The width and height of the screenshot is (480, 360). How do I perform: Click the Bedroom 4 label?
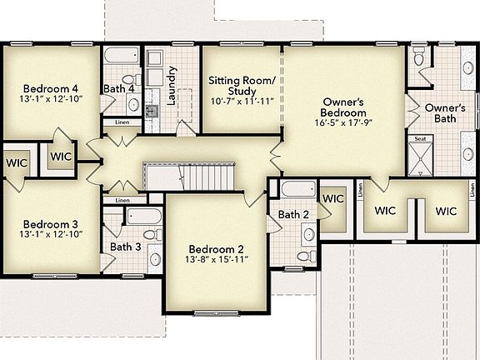[51, 88]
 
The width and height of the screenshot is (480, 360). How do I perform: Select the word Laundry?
[172, 84]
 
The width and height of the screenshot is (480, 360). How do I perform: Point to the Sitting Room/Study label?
[241, 86]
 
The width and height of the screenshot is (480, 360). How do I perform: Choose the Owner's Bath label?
[445, 114]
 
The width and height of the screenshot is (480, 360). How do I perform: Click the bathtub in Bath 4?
[123, 59]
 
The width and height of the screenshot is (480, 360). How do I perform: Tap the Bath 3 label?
[125, 247]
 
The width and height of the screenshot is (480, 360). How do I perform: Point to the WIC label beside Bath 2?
[333, 199]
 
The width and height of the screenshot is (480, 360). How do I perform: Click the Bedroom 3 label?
[51, 224]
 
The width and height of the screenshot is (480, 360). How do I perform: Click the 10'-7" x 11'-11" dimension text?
[241, 102]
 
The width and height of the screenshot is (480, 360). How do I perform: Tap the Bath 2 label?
[293, 215]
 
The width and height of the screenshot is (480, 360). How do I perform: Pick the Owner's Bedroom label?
[344, 107]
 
